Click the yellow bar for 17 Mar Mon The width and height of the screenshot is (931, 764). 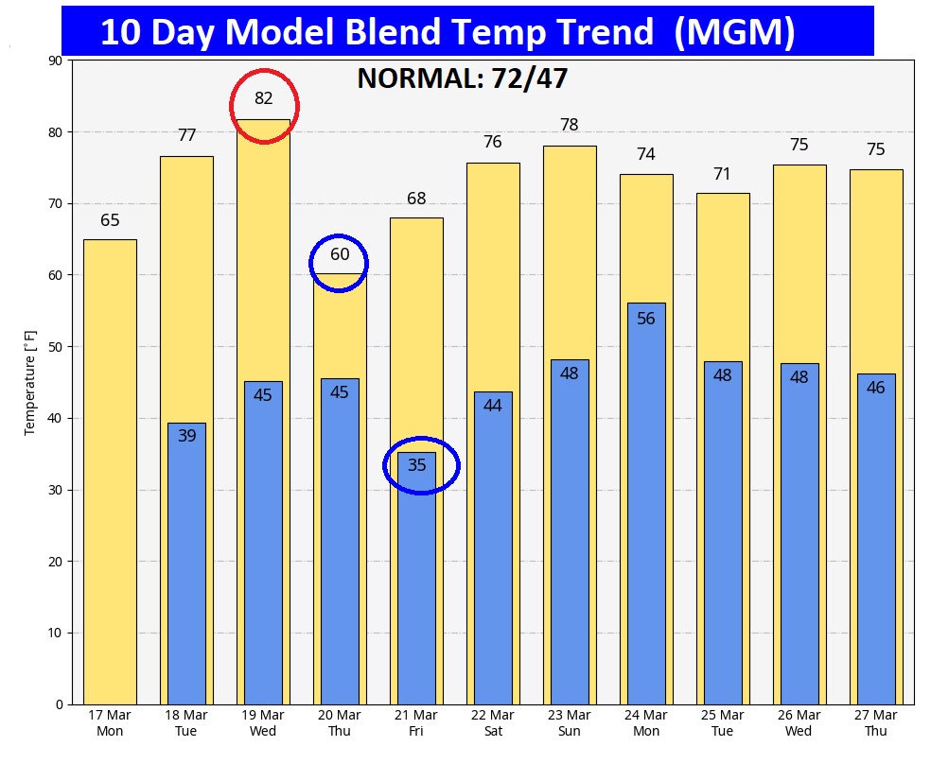(x=110, y=473)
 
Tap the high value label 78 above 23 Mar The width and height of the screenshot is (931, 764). (x=569, y=125)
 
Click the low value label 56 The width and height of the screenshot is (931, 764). (x=646, y=319)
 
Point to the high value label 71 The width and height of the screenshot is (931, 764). (x=723, y=173)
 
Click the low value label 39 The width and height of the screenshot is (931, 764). (x=186, y=436)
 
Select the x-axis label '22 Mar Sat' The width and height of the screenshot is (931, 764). (x=493, y=723)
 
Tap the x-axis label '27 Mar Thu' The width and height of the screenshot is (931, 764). (x=876, y=723)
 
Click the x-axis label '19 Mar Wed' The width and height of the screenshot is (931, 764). (x=263, y=723)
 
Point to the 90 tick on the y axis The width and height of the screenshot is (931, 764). (x=54, y=61)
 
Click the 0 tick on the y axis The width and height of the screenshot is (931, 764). (x=58, y=704)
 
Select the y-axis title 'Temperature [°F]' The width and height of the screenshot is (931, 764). (x=30, y=382)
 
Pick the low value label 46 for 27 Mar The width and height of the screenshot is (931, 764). (x=876, y=387)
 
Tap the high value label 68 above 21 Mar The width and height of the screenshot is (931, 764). (x=416, y=199)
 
